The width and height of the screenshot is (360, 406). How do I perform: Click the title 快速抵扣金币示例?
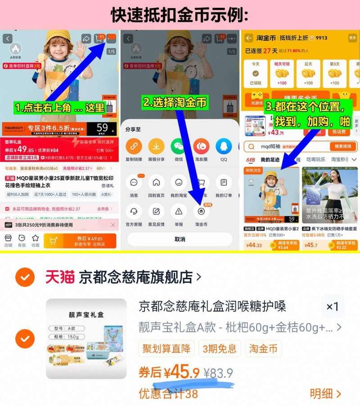click(x=180, y=15)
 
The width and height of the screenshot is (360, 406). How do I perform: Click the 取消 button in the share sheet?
click(x=180, y=239)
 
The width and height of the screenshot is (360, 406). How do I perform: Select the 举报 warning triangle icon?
click(x=179, y=211)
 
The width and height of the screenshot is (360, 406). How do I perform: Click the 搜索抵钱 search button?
click(x=343, y=147)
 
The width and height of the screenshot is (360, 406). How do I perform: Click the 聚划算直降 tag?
click(x=166, y=348)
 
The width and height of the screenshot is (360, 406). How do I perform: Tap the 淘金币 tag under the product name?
click(x=263, y=348)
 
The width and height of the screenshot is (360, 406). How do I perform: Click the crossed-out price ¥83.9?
click(x=218, y=373)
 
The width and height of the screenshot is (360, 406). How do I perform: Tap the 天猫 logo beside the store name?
click(x=59, y=277)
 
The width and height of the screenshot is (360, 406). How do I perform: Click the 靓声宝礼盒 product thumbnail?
click(x=86, y=339)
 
